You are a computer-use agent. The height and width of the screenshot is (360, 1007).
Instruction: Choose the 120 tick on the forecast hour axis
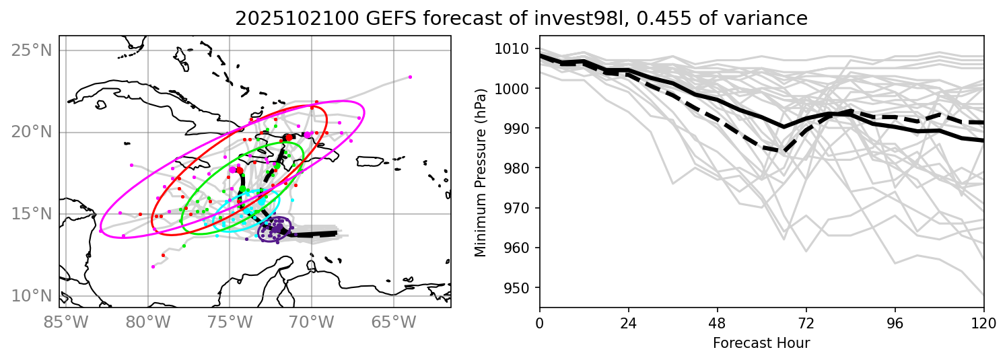tap(983, 322)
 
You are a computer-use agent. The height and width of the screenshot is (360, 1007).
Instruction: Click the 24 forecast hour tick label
tap(628, 322)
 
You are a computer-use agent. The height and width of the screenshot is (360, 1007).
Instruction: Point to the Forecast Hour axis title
tap(761, 343)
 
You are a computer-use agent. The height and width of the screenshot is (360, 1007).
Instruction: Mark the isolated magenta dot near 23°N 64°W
tap(410, 77)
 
